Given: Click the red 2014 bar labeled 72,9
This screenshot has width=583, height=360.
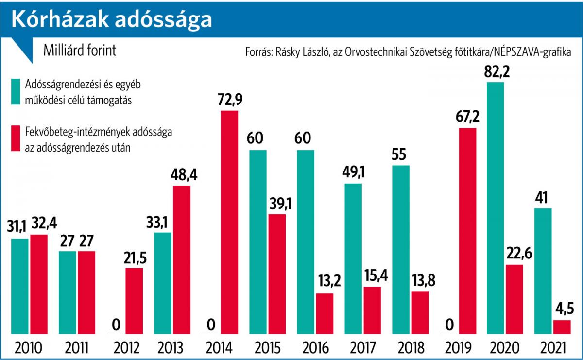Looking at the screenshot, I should pos(229,223).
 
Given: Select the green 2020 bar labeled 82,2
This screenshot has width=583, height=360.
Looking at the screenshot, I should pos(495,208).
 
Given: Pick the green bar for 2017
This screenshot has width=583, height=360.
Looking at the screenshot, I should pos(353,258).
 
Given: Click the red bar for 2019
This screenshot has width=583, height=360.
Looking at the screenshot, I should pos(467,231).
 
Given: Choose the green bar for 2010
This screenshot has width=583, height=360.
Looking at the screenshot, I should pos(20,286).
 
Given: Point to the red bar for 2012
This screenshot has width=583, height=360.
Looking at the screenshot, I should pos(134,301).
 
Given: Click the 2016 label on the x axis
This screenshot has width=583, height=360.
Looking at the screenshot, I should pos(316,348).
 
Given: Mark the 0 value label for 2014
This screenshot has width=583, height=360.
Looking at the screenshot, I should pos(210,324).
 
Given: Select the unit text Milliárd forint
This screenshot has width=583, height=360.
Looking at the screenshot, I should pos(80,51).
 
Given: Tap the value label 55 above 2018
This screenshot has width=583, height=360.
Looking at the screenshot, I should pos(401,155).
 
